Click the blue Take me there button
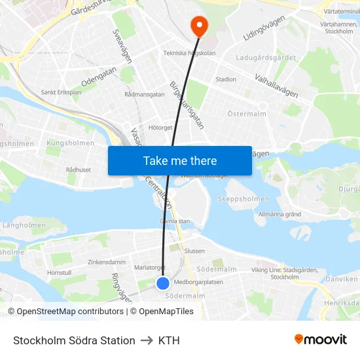pyautogui.click(x=180, y=160)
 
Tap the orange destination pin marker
pyautogui.click(x=198, y=26)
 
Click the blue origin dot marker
pyautogui.click(x=163, y=283)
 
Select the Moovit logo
pyautogui.click(x=321, y=340)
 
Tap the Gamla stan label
pyautogui.click(x=175, y=221)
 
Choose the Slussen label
pyautogui.click(x=194, y=251)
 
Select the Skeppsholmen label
pyautogui.click(x=243, y=199)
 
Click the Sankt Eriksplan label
pyautogui.click(x=61, y=92)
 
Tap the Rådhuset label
pyautogui.click(x=79, y=169)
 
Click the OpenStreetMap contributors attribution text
pyautogui.click(x=66, y=312)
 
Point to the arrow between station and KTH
pyautogui.click(x=147, y=340)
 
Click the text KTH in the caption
pyautogui.click(x=169, y=340)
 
